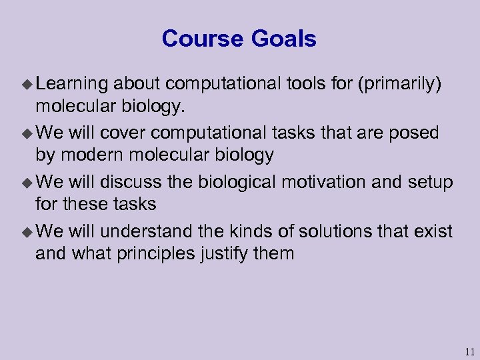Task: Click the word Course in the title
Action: click(x=203, y=39)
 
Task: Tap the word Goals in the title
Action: click(x=283, y=39)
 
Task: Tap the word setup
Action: click(x=427, y=182)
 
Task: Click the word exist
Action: click(x=434, y=231)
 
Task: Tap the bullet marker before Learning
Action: click(x=27, y=84)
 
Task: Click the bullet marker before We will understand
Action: click(x=27, y=232)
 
